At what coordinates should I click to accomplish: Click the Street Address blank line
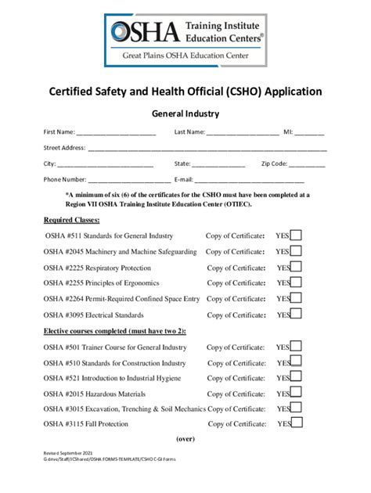coord(207,149)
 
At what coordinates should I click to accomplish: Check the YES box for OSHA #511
coord(297,236)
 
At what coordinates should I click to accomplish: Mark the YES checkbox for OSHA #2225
coord(297,268)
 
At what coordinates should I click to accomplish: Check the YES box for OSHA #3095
coord(297,315)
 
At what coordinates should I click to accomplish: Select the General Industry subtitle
coord(185,113)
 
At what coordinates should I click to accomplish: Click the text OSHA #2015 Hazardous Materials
coord(95,394)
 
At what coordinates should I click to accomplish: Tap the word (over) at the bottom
coord(185,438)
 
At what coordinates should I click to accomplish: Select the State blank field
coord(218,165)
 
